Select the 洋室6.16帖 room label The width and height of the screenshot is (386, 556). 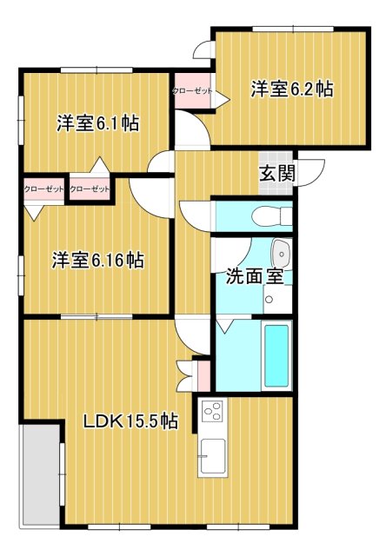[x=96, y=259]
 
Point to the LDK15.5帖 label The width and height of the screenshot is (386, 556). [x=130, y=421]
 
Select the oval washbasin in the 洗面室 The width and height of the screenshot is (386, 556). [x=281, y=255]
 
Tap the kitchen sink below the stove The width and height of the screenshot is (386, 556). [x=212, y=454]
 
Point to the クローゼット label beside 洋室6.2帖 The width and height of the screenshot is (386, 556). [x=192, y=90]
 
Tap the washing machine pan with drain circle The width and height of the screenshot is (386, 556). [x=270, y=301]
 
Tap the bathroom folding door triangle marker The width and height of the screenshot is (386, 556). [x=225, y=326]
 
